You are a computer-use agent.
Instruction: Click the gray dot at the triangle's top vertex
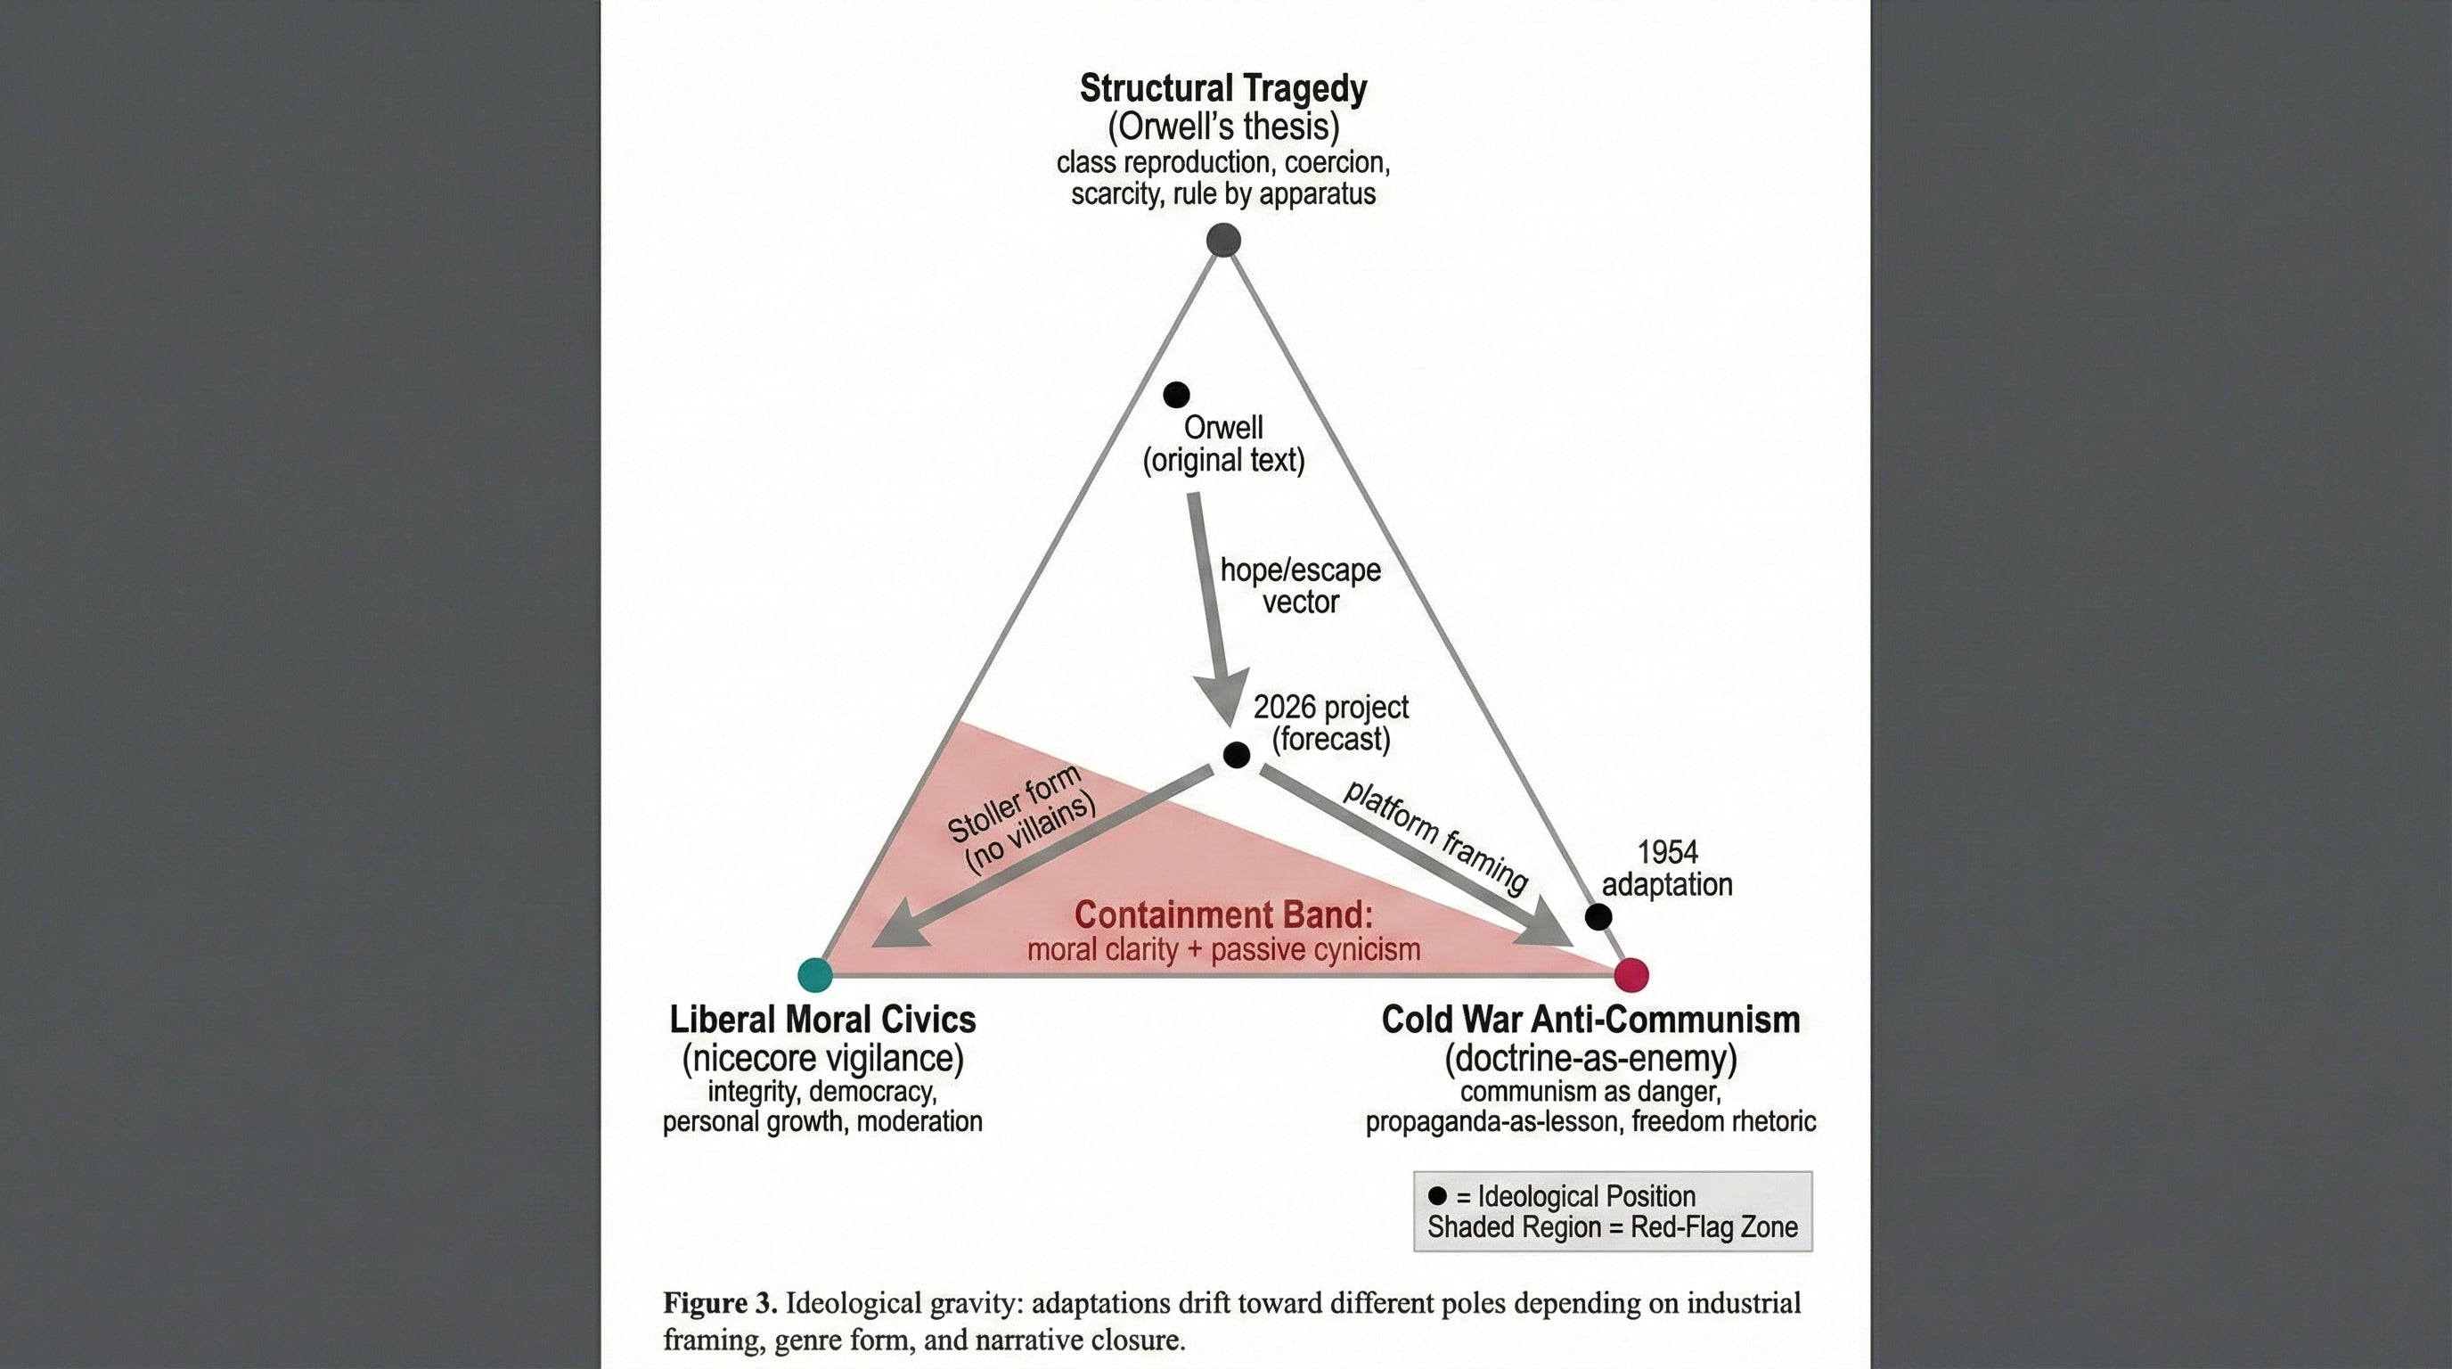click(x=1223, y=240)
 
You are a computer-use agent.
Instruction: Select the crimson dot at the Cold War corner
click(x=1631, y=974)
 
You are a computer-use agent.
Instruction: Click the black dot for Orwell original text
click(x=1176, y=394)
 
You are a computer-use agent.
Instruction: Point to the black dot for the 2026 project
click(x=1236, y=755)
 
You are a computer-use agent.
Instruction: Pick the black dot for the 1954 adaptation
click(x=1598, y=917)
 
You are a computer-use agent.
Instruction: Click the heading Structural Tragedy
click(x=1223, y=88)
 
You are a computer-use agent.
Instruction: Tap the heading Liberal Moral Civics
click(x=822, y=1020)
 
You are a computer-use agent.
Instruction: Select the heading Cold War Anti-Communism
click(x=1590, y=1020)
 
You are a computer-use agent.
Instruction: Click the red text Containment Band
click(x=1224, y=914)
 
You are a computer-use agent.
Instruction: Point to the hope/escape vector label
click(x=1300, y=586)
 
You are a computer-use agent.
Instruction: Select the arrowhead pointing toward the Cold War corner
click(x=1542, y=924)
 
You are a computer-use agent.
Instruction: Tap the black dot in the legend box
click(x=1437, y=1195)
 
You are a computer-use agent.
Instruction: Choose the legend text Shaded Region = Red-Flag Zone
click(x=1613, y=1227)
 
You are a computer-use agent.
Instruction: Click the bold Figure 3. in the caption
click(x=721, y=1302)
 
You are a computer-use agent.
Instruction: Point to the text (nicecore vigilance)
click(x=822, y=1058)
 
